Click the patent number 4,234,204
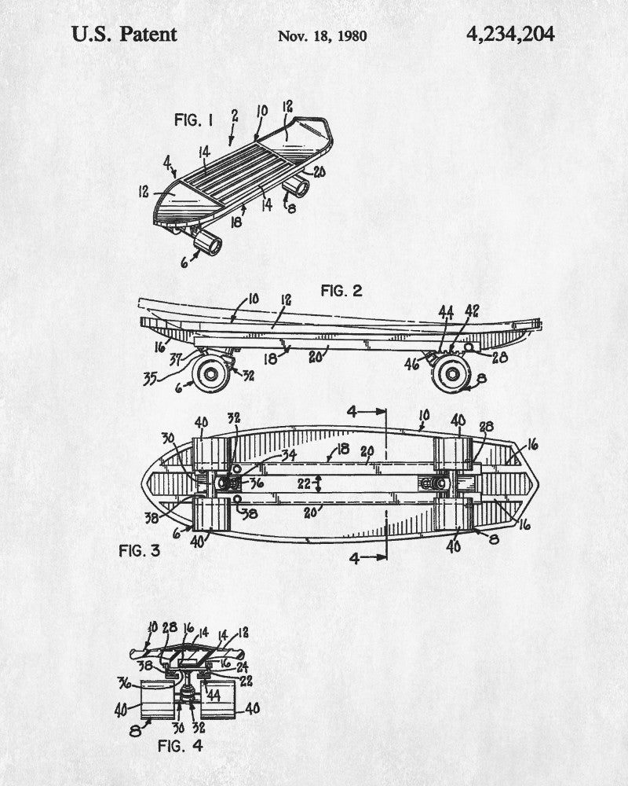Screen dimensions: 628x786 point(510,35)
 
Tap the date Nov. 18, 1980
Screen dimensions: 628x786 point(322,36)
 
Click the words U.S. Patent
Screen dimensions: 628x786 point(124,34)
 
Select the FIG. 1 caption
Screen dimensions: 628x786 point(194,119)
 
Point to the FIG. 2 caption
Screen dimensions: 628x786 point(341,291)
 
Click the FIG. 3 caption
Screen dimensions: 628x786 point(139,550)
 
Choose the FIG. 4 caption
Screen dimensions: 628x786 point(181,745)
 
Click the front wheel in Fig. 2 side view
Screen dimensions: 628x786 point(211,373)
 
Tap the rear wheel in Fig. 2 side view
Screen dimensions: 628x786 point(451,373)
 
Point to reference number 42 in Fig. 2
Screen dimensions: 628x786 point(471,310)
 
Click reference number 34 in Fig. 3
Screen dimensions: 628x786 point(288,455)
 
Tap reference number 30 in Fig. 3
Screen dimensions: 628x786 point(168,438)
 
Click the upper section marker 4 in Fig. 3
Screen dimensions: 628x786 point(352,412)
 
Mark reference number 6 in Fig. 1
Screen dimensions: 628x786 point(184,261)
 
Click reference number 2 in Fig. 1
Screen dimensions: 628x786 point(235,116)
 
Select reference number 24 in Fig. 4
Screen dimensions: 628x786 point(242,667)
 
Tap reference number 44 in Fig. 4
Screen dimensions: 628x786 point(214,696)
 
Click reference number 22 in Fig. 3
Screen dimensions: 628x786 point(304,483)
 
